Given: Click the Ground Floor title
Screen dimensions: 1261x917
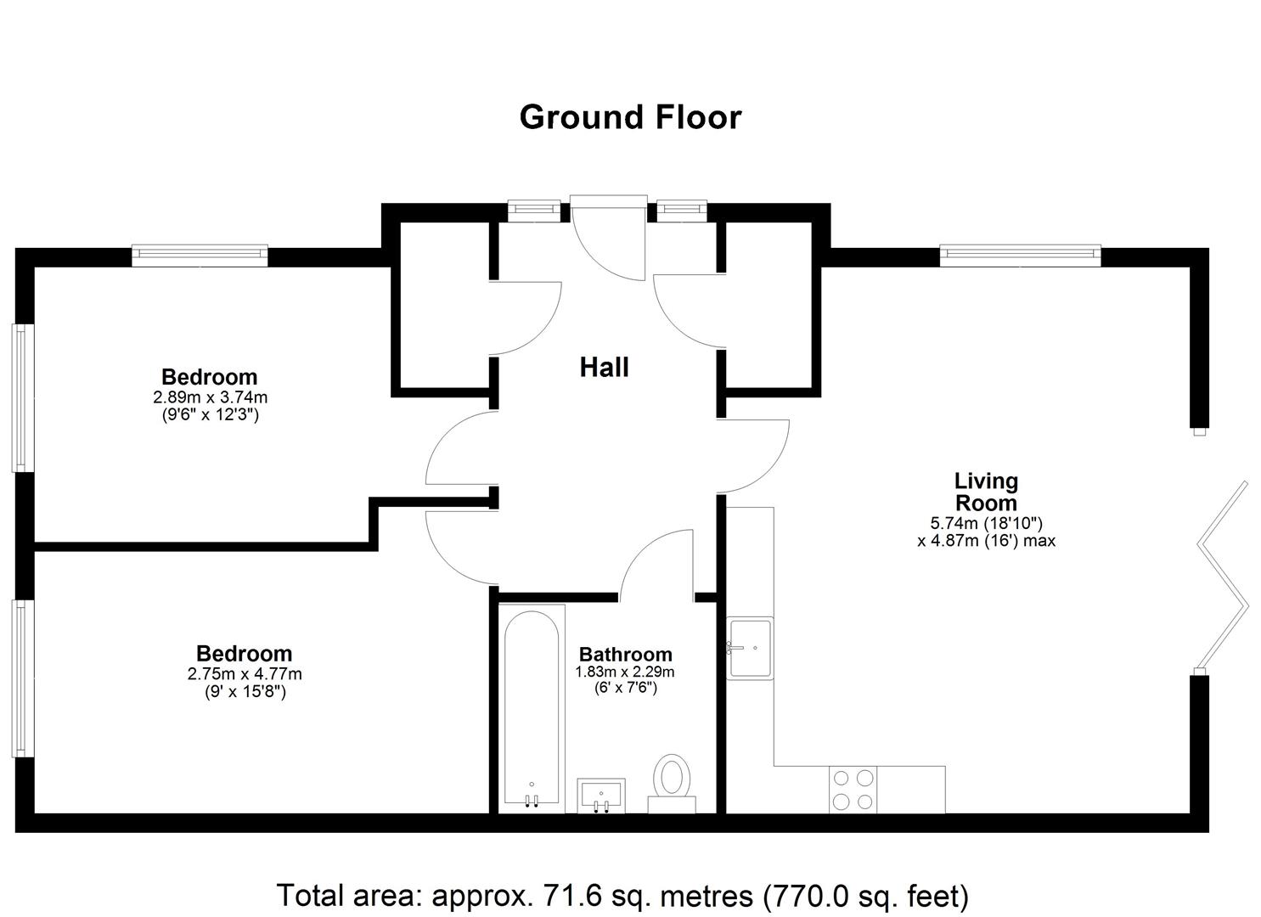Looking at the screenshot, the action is click(x=630, y=118).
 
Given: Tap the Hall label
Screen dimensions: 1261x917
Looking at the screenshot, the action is click(x=604, y=368).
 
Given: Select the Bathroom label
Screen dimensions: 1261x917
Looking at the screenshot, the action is click(x=626, y=655).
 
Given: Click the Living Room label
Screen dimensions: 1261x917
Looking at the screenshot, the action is click(x=986, y=492).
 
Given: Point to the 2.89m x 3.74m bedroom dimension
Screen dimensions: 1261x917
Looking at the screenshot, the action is click(x=210, y=397).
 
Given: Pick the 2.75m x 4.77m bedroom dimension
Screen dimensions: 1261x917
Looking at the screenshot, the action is click(x=245, y=674).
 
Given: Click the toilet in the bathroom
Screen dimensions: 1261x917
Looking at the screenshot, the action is click(x=672, y=784).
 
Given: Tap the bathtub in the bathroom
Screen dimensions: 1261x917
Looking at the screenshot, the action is click(x=532, y=709).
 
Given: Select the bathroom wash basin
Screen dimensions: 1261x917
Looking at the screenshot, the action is click(x=601, y=796).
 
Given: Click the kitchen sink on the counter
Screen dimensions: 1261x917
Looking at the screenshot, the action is click(x=750, y=648).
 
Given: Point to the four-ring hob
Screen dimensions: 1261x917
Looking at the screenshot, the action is click(x=853, y=790).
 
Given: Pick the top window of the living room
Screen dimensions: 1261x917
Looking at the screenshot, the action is click(x=1020, y=256).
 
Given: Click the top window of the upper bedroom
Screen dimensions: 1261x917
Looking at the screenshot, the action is click(x=200, y=256).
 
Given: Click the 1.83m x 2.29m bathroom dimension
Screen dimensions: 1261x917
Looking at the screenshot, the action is click(x=625, y=672).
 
